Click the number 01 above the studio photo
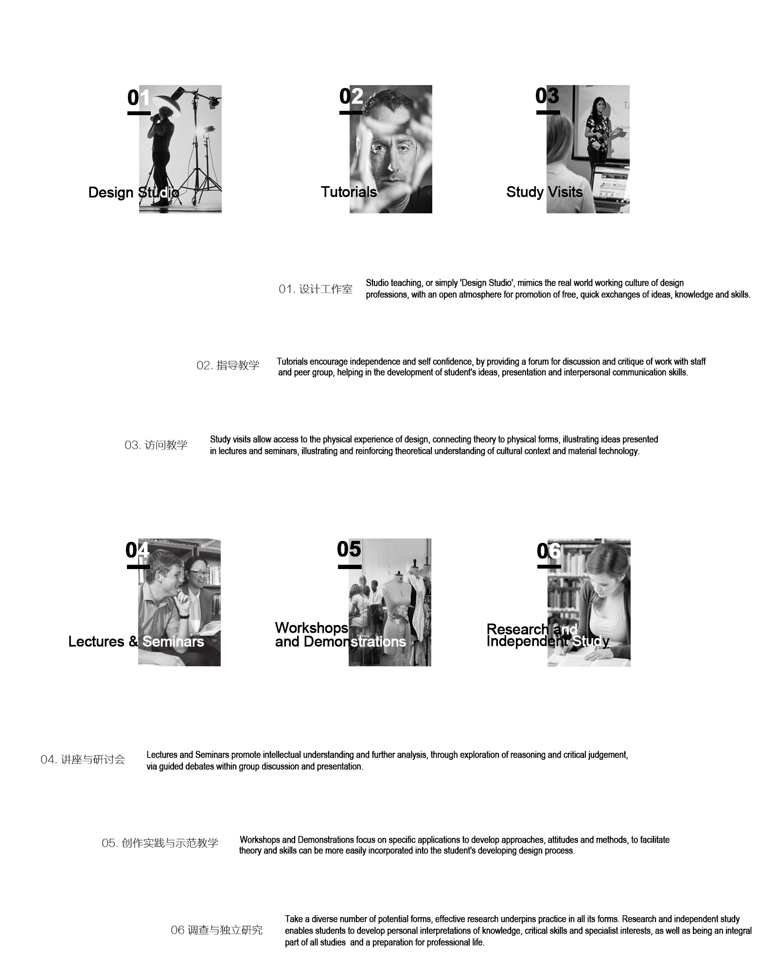pyautogui.click(x=139, y=98)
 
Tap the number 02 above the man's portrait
pyautogui.click(x=351, y=96)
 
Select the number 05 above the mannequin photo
pyautogui.click(x=349, y=549)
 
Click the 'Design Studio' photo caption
pyautogui.click(x=134, y=192)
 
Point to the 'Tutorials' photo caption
pyautogui.click(x=349, y=192)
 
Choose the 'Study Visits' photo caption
pyautogui.click(x=545, y=192)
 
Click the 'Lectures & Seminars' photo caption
pyautogui.click(x=136, y=642)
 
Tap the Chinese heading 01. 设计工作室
pyautogui.click(x=316, y=289)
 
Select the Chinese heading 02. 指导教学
pyautogui.click(x=228, y=365)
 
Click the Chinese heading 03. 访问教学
pyautogui.click(x=156, y=445)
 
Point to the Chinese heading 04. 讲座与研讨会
pyautogui.click(x=83, y=759)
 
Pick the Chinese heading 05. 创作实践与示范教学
pyautogui.click(x=160, y=843)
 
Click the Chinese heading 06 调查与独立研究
pyautogui.click(x=216, y=930)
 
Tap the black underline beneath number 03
pyautogui.click(x=548, y=112)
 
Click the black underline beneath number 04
pyautogui.click(x=139, y=567)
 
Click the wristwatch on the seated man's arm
pyautogui.click(x=183, y=616)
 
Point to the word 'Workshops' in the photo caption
pyautogui.click(x=312, y=628)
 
